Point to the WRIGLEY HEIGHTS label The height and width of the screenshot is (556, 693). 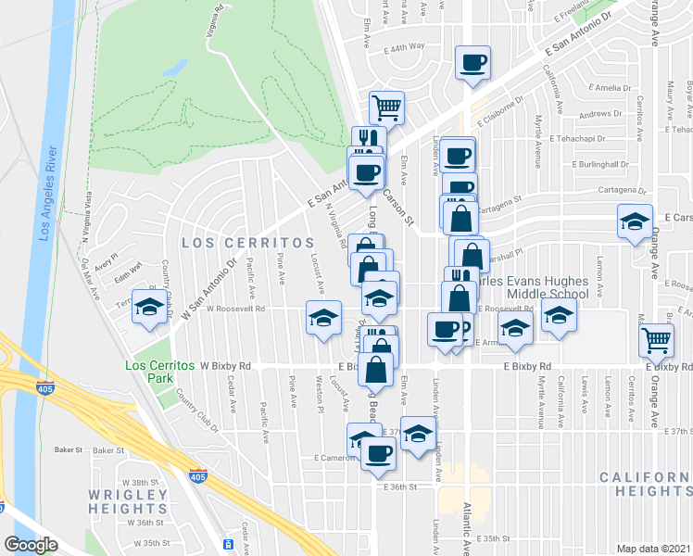point(128,501)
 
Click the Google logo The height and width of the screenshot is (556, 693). point(31,545)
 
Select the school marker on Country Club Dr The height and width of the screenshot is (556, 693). point(148,307)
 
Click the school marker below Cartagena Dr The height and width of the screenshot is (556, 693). point(636,222)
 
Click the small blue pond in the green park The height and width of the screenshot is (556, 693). point(173,68)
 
